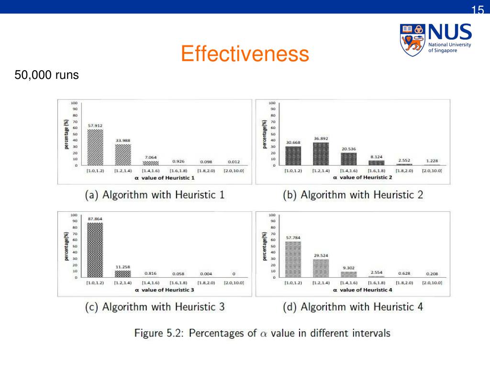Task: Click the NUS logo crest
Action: click(x=412, y=39)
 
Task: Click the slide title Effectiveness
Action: click(x=245, y=54)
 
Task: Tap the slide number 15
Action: click(x=478, y=10)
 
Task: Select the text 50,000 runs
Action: click(x=46, y=75)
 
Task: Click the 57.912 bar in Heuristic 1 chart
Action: click(x=95, y=147)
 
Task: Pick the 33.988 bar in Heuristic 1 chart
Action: click(x=123, y=154)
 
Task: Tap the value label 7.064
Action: click(x=151, y=157)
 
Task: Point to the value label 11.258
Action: click(x=123, y=267)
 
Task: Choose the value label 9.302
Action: click(x=349, y=268)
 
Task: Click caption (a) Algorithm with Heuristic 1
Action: click(x=155, y=194)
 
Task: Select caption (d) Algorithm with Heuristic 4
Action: click(x=353, y=306)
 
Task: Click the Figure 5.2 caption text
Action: click(x=262, y=333)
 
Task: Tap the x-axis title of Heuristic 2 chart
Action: click(x=363, y=177)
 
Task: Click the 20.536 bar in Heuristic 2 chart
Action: click(x=349, y=159)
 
